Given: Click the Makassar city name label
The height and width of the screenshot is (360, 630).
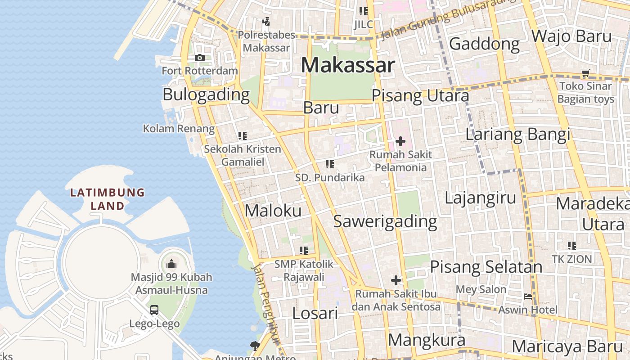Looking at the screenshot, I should click(x=348, y=66).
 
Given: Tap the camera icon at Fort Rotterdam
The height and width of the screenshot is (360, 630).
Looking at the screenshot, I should click(x=200, y=58).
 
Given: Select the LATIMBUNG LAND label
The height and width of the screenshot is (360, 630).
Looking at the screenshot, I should click(x=107, y=199).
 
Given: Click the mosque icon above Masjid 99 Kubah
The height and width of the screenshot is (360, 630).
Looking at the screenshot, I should click(x=171, y=264).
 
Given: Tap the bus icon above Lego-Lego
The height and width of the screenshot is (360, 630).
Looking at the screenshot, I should click(x=154, y=310).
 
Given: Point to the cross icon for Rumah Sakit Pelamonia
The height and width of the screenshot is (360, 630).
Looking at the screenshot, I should click(x=400, y=142).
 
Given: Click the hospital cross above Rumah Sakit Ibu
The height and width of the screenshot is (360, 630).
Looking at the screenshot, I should click(x=396, y=281).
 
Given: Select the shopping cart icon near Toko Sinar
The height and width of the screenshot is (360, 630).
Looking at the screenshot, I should click(x=585, y=73).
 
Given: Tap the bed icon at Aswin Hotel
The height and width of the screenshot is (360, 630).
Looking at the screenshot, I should click(x=528, y=297).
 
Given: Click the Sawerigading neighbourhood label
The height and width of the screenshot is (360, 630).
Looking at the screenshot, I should click(x=385, y=221).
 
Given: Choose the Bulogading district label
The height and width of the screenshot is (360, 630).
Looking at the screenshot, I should click(x=206, y=94).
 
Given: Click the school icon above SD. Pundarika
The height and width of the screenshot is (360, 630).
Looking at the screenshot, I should click(x=330, y=164).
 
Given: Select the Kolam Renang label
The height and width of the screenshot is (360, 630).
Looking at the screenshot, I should click(x=179, y=129).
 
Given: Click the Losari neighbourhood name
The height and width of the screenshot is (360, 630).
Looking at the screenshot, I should click(x=315, y=313).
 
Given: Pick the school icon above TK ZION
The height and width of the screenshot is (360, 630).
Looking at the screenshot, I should click(x=572, y=246).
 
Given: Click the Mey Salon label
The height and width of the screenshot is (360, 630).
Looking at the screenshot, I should click(x=481, y=289).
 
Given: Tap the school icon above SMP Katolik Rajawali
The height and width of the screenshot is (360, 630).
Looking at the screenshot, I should click(x=304, y=250).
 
